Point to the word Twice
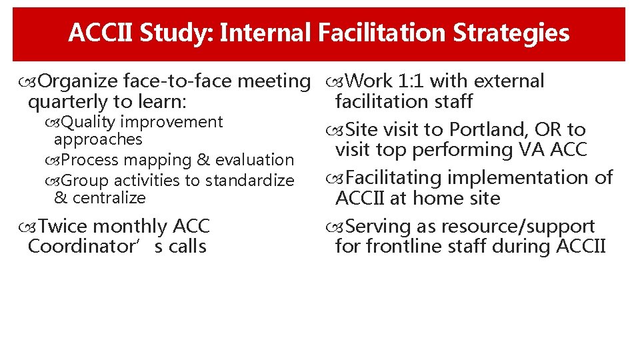[63, 227]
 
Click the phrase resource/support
[521, 227]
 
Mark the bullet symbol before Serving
[335, 227]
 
